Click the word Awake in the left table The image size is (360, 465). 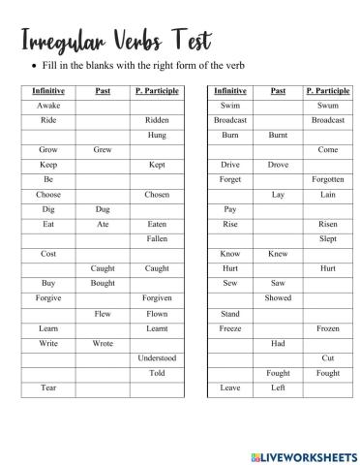click(47, 105)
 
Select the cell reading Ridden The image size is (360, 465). click(157, 120)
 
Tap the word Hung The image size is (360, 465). click(157, 135)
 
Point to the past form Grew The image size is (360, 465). click(102, 150)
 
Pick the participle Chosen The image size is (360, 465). click(157, 194)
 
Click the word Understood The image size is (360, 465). click(157, 357)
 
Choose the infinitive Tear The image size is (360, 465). click(47, 387)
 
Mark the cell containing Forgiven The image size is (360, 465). click(157, 298)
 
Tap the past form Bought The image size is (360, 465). click(102, 283)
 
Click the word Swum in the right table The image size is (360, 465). click(328, 105)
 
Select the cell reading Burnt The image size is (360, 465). click(278, 135)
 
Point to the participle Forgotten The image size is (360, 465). click(328, 179)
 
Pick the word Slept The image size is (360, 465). click(328, 238)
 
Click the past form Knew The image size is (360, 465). click(278, 254)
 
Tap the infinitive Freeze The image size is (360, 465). click(230, 328)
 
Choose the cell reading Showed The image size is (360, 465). click(278, 298)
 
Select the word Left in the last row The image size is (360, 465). click(278, 387)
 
